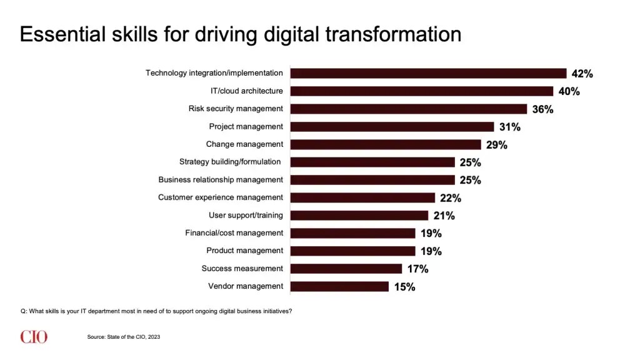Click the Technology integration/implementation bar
429,74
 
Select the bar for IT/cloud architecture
422,91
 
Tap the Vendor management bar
339,286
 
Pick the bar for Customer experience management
363,198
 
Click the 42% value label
582,74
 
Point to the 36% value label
543,109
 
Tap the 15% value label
404,287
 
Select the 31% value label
510,127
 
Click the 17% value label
417,269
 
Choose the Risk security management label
236,109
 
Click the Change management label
244,144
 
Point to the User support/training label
246,215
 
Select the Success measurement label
242,268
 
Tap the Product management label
244,251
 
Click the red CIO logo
34,337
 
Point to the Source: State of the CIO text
123,337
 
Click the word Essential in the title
63,34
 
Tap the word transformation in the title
394,34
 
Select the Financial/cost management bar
352,234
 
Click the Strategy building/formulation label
230,162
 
